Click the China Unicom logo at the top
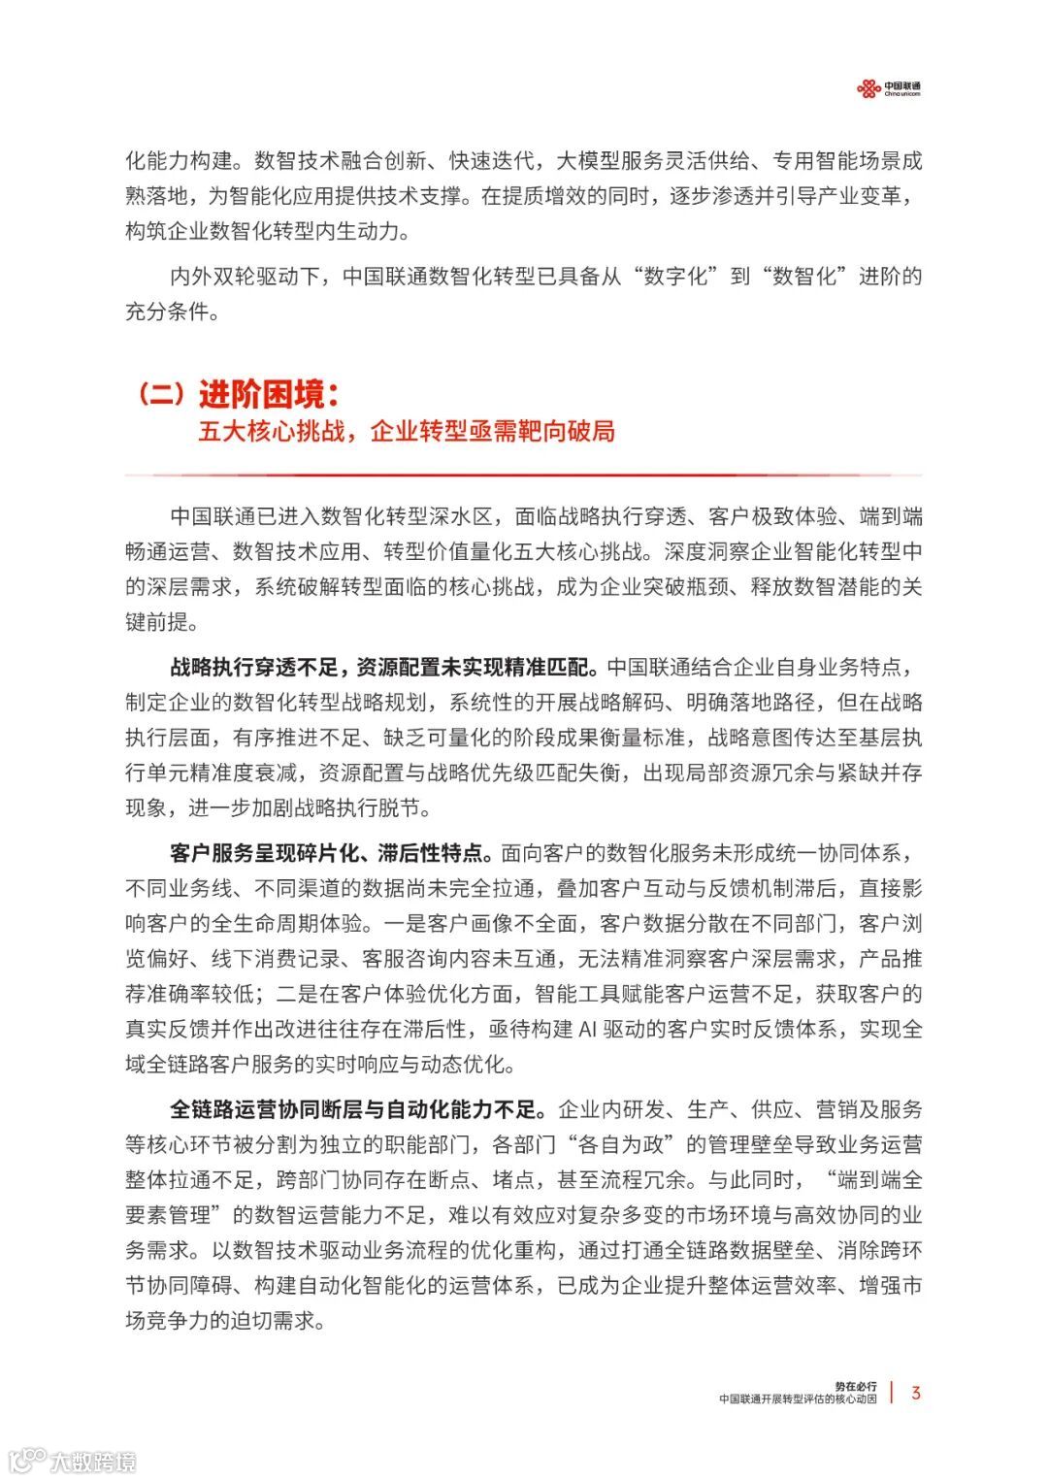(x=888, y=89)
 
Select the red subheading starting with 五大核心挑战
(x=407, y=431)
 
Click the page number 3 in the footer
(x=916, y=1393)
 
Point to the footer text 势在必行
(x=855, y=1386)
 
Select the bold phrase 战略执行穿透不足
(x=254, y=667)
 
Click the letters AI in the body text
(x=588, y=1029)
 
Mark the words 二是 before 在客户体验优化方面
(x=298, y=994)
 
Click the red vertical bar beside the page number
(x=892, y=1393)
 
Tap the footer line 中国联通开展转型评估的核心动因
(x=798, y=1399)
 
